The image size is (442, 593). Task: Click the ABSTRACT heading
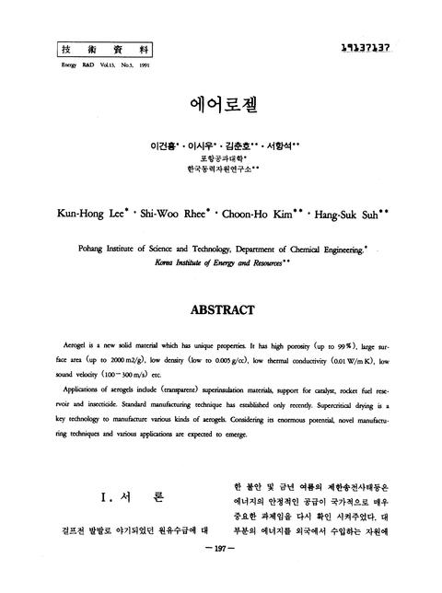(x=221, y=312)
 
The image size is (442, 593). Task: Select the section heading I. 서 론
(x=132, y=498)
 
